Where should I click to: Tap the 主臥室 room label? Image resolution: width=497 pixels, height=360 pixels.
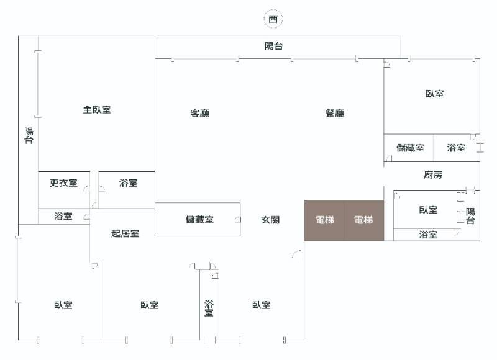pyautogui.click(x=97, y=110)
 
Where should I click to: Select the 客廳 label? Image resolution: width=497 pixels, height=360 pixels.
pyautogui.click(x=199, y=113)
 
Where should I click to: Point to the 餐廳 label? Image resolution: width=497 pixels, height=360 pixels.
pyautogui.click(x=335, y=113)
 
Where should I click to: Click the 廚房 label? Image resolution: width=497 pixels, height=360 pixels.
pyautogui.click(x=433, y=175)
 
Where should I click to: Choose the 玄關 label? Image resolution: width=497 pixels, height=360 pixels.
pyautogui.click(x=270, y=219)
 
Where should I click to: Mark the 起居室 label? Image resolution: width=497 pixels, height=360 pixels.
pyautogui.click(x=125, y=233)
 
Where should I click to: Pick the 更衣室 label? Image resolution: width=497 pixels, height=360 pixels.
pyautogui.click(x=63, y=183)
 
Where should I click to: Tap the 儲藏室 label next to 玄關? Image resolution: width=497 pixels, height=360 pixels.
pyautogui.click(x=199, y=219)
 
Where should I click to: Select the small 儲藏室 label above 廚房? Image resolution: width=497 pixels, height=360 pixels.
pyautogui.click(x=410, y=148)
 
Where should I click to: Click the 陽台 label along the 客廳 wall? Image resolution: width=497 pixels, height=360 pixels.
pyautogui.click(x=274, y=45)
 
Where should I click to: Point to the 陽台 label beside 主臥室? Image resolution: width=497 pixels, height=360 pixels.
pyautogui.click(x=29, y=135)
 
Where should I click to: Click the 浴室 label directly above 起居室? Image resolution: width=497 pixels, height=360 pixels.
pyautogui.click(x=128, y=183)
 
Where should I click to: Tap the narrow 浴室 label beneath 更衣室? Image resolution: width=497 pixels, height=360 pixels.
pyautogui.click(x=63, y=216)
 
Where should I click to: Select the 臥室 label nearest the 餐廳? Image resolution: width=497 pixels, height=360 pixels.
pyautogui.click(x=434, y=94)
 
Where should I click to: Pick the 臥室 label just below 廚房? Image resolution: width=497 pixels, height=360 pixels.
pyautogui.click(x=428, y=210)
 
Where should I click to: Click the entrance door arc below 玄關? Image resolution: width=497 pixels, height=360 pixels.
pyautogui.click(x=298, y=254)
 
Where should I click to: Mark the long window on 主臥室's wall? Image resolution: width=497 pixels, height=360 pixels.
pyautogui.click(x=37, y=84)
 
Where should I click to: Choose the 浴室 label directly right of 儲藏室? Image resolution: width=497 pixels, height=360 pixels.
pyautogui.click(x=457, y=148)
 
